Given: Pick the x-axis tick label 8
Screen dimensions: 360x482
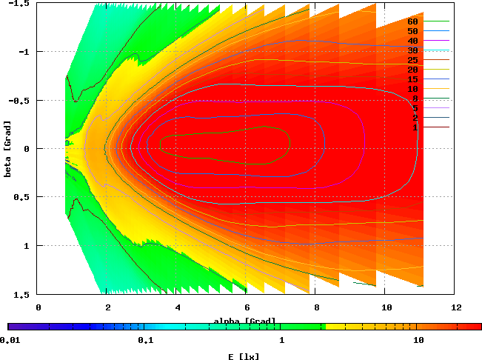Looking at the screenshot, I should (x=316, y=307).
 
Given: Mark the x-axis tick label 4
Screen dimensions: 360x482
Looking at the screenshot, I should (x=177, y=307).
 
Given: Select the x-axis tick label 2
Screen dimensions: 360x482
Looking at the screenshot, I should (x=107, y=307).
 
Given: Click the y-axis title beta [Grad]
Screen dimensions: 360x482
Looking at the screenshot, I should (x=7, y=148).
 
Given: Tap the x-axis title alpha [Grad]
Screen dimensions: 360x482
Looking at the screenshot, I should (x=244, y=321).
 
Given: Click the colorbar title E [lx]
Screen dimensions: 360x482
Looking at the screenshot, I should (x=244, y=356).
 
